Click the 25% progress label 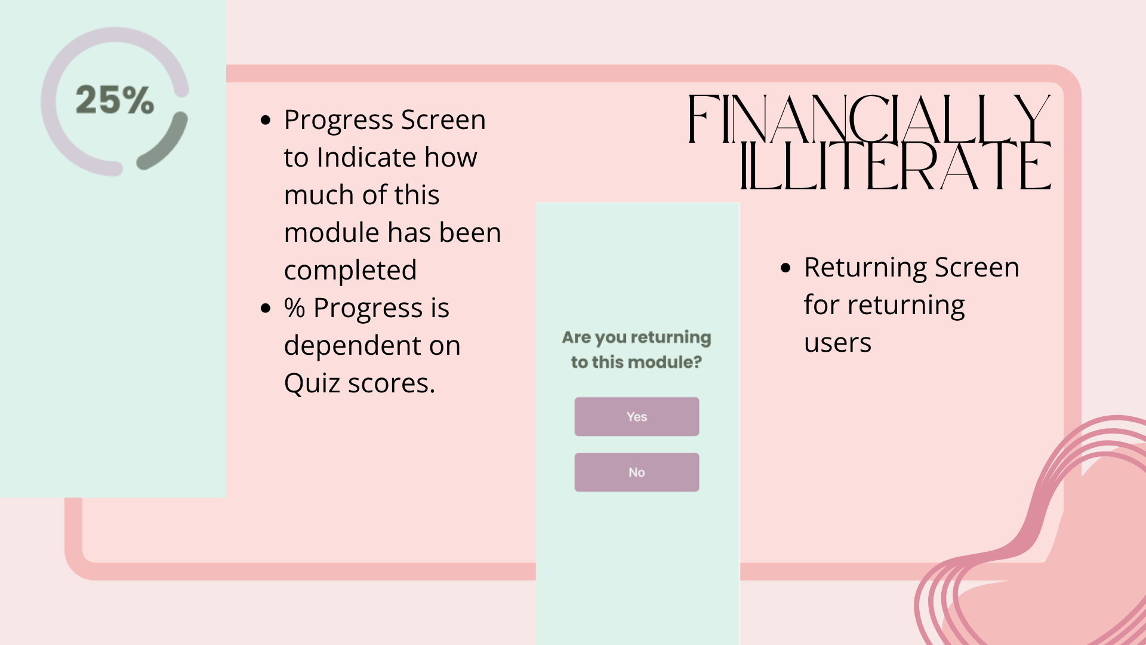(x=115, y=100)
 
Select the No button (x=637, y=472)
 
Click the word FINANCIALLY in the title (x=869, y=119)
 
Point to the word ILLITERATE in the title (x=895, y=165)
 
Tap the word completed (x=350, y=271)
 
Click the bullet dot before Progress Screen (x=266, y=121)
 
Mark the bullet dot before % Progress (x=266, y=308)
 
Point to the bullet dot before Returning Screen (x=786, y=268)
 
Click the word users (x=838, y=343)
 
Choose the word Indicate (x=366, y=157)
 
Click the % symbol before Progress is (x=295, y=308)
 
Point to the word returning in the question (x=671, y=338)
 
